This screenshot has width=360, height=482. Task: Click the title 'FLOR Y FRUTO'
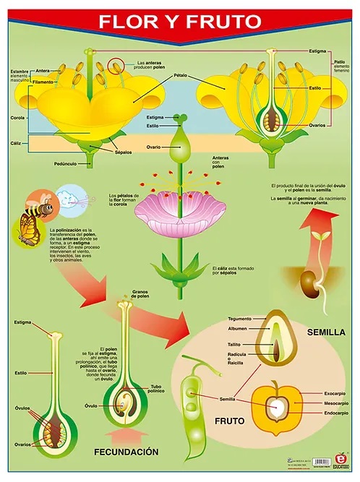tap(180, 21)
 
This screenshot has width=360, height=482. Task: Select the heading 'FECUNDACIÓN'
tap(126, 452)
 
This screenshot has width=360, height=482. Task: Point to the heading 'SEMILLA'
tap(327, 333)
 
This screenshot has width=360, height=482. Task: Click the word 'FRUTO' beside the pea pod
tap(229, 419)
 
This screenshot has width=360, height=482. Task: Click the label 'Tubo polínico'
tap(160, 389)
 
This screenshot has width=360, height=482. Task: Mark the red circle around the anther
tap(115, 67)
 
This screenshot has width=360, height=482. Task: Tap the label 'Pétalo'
tap(180, 75)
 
